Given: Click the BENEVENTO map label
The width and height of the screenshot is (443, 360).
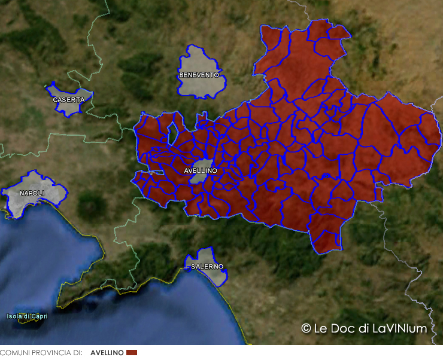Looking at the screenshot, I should click(x=199, y=75).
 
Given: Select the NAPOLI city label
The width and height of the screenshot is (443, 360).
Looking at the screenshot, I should click(x=31, y=193).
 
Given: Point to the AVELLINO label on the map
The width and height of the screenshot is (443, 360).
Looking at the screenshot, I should click(x=201, y=170).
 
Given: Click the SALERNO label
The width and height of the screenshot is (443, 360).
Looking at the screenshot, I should click(x=207, y=266).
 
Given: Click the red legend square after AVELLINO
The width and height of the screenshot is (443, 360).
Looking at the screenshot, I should click(x=132, y=353).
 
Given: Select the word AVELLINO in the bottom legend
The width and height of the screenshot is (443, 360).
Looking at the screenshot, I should click(x=107, y=353).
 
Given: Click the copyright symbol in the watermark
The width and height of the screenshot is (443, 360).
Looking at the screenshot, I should click(x=306, y=328).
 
